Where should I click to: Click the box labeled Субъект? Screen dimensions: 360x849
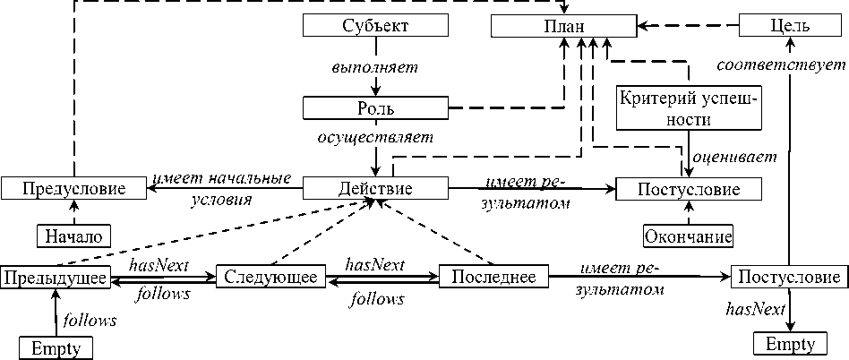(x=375, y=26)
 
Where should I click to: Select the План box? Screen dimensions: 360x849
(x=563, y=26)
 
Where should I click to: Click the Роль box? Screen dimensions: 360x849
(x=375, y=108)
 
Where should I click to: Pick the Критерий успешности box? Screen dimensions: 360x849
(x=688, y=108)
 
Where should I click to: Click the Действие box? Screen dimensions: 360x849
(x=375, y=189)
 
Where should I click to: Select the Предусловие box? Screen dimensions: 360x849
(x=74, y=189)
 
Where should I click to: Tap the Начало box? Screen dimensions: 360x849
(x=74, y=236)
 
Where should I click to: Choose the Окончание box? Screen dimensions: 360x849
(x=688, y=236)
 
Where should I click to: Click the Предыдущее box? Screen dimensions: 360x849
(x=56, y=278)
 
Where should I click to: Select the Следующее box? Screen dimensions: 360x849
(x=269, y=278)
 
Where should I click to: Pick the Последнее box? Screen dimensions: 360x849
(x=493, y=278)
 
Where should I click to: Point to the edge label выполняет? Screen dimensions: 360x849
(x=375, y=67)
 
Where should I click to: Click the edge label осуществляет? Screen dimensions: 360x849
(x=375, y=139)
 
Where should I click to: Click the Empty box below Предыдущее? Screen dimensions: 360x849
(x=56, y=347)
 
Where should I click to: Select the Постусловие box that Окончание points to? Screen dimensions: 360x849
(x=688, y=189)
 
